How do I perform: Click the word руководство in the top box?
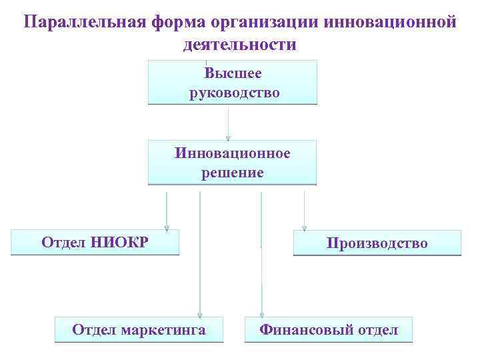pos(234,92)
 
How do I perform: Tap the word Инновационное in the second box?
pos(233,153)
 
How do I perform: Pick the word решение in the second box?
pos(233,173)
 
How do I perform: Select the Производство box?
pos(377,243)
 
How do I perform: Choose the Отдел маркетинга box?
pos(139,330)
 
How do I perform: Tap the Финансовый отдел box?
pos(329,330)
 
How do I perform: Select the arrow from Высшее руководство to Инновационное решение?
pos(229,123)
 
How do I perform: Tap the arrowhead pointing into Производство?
pos(304,227)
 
